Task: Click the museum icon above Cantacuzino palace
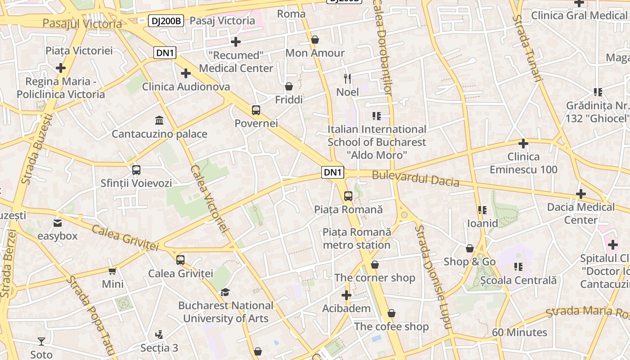coord(159,120)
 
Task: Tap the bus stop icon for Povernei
coord(256,110)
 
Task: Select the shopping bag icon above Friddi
coord(289,86)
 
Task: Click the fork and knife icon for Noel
coord(347,79)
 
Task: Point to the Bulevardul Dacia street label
coord(415,178)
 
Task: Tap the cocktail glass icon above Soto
coord(41,341)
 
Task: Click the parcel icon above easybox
coord(58,223)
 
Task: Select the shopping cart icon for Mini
coord(112,271)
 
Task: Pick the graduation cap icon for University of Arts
coord(225,292)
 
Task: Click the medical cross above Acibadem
coord(346,295)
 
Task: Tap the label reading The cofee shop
coord(391,326)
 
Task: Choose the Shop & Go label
coord(469,261)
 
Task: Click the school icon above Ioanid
coord(482,210)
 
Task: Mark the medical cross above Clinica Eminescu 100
coord(523,144)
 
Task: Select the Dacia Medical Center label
coord(580,213)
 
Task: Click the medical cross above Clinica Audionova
coord(185,73)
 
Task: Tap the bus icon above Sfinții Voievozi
coord(136,170)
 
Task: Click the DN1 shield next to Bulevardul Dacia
coord(333,172)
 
